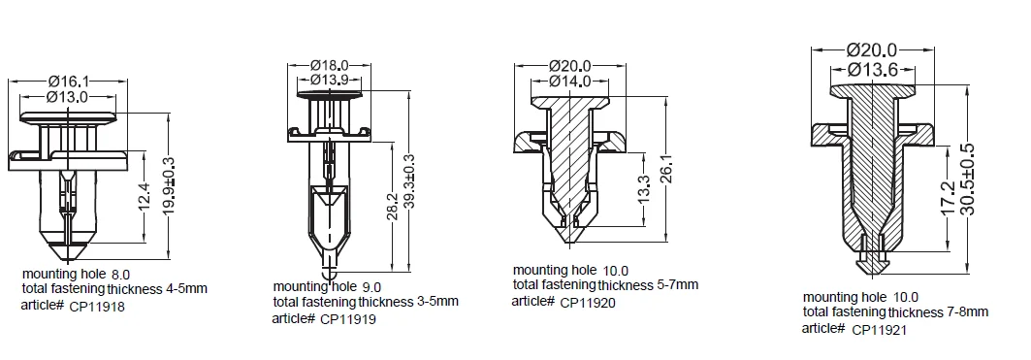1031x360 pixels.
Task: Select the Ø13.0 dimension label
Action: [68, 97]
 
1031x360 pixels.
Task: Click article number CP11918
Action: [98, 307]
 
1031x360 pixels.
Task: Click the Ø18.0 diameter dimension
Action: [329, 66]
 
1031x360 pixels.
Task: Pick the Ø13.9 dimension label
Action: [329, 80]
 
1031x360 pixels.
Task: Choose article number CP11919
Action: [348, 319]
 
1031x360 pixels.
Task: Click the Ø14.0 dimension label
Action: [570, 82]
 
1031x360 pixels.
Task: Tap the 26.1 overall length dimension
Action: [667, 160]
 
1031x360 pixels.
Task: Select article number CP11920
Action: [589, 303]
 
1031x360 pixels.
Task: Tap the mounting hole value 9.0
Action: [371, 287]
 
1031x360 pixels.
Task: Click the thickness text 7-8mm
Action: [966, 312]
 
